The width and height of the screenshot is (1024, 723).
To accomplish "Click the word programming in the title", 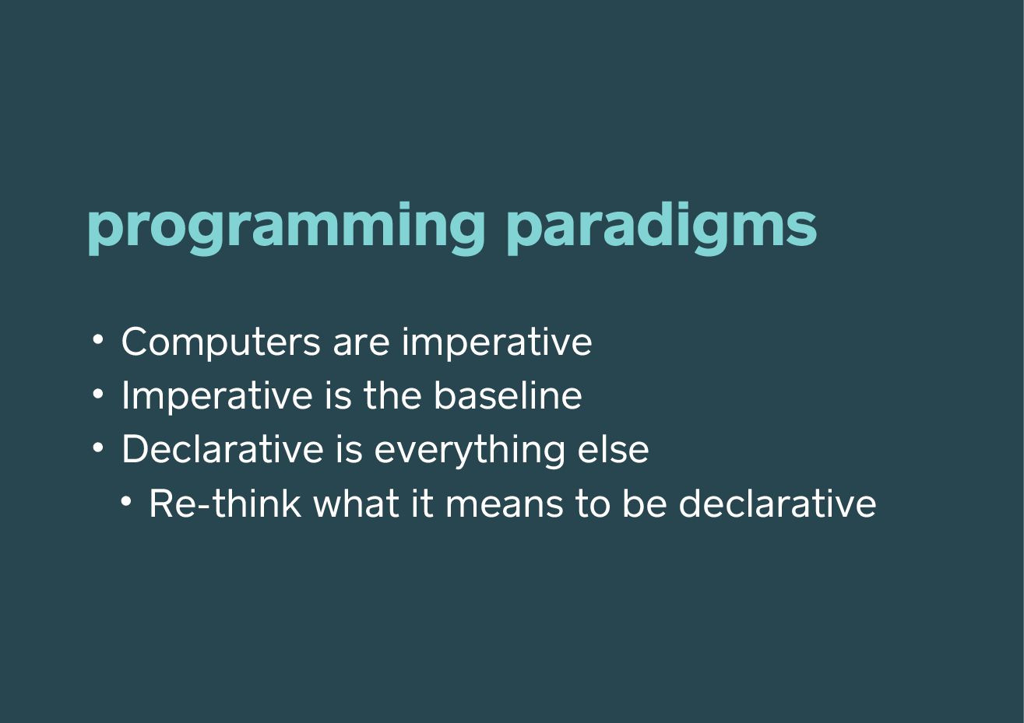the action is tap(286, 228).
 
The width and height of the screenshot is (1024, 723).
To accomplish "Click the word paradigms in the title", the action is tap(662, 228).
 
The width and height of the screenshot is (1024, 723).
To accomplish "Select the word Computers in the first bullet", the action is tap(221, 342).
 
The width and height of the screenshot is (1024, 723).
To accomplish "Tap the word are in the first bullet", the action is tap(361, 346).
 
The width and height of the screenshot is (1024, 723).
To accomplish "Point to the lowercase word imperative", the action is tap(497, 342).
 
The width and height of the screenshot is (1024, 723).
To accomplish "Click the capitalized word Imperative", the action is tap(217, 396).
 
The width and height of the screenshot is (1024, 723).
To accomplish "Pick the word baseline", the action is tap(508, 395).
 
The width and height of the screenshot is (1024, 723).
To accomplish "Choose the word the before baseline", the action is tap(392, 395).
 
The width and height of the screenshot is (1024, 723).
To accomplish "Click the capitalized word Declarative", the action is tap(223, 448).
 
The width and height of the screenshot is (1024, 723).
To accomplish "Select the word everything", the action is tap(470, 451).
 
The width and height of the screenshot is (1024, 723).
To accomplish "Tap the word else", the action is tap(613, 448).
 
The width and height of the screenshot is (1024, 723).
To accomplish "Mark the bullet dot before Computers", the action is tap(98, 339).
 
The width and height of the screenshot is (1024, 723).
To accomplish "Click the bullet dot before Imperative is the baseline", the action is tap(98, 394).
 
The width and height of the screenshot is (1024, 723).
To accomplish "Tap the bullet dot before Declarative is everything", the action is tap(98, 447).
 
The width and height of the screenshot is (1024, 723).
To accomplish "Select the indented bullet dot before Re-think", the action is tap(126, 501).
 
